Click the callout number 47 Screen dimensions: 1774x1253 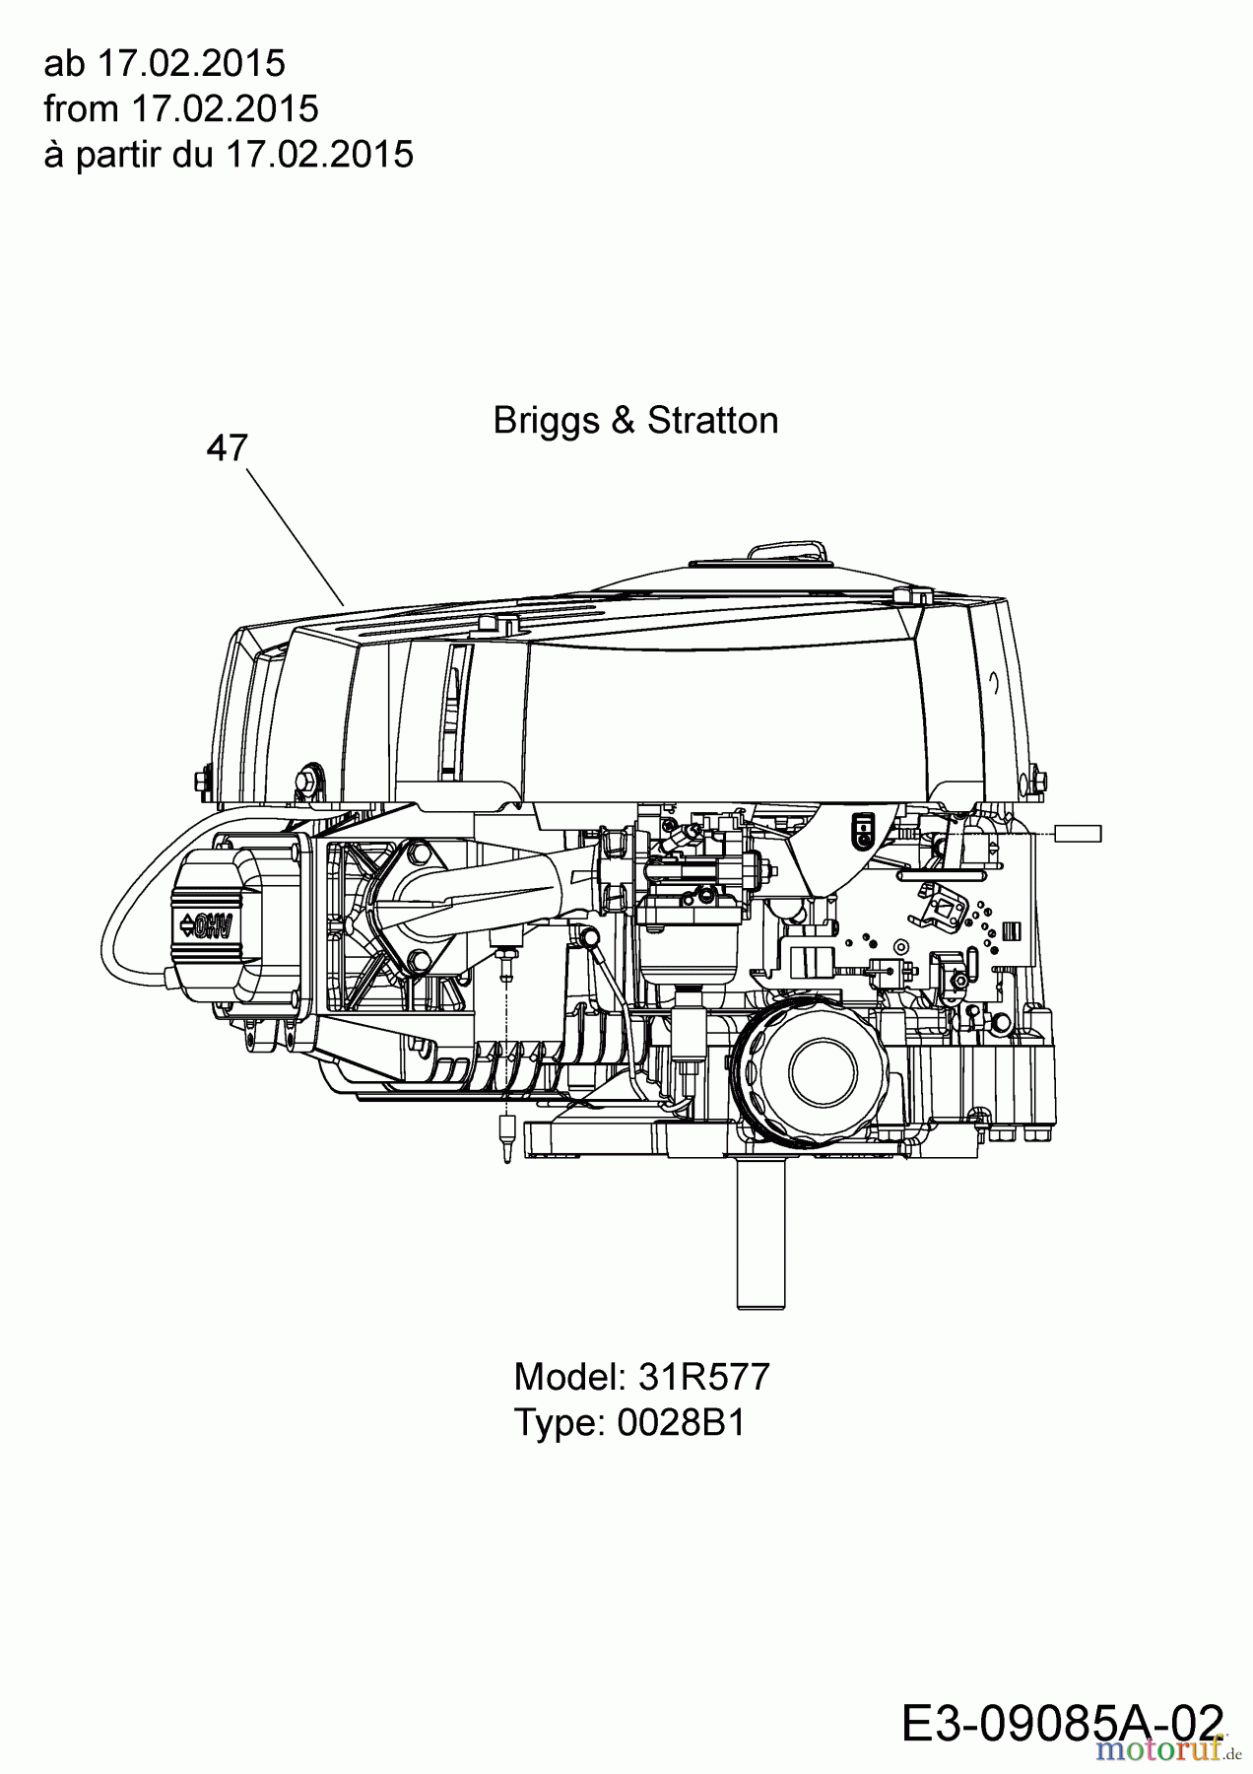point(227,448)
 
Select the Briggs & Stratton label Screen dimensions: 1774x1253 point(635,421)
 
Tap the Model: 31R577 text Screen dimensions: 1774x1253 point(641,1377)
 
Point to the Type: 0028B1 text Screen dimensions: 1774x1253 point(629,1422)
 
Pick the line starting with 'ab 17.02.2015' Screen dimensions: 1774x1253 point(165,63)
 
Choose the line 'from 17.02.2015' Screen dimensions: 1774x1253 point(181,108)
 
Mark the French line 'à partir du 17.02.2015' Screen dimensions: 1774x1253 point(229,154)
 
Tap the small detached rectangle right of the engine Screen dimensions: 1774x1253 point(1078,834)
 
